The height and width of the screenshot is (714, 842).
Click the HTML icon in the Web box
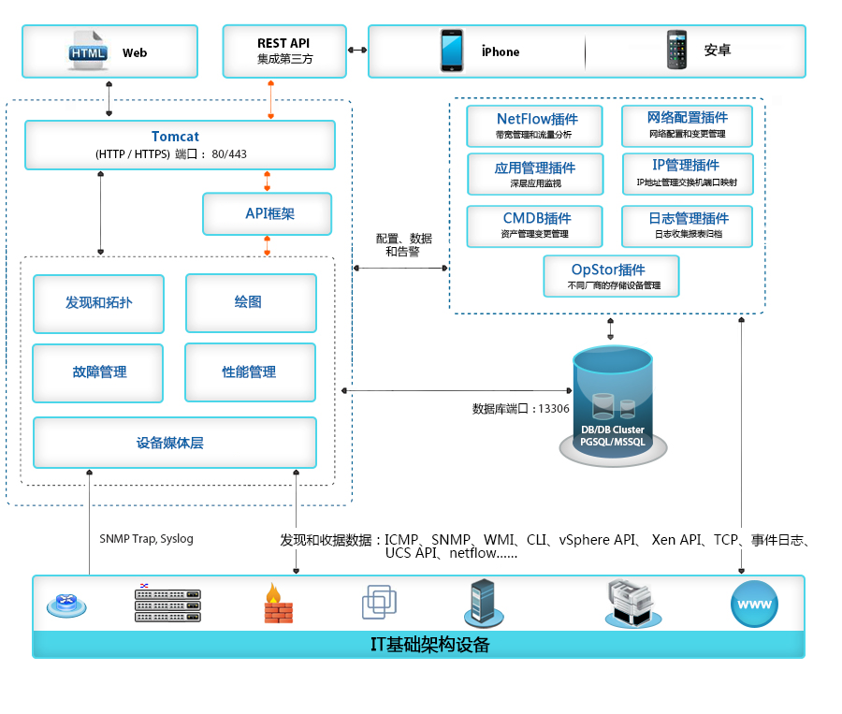coord(88,51)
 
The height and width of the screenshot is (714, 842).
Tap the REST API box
coord(284,51)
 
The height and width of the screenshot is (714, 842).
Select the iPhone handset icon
coord(453,51)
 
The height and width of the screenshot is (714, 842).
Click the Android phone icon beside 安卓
coord(676,51)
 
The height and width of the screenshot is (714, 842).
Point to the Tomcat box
coord(180,145)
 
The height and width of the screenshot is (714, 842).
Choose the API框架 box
coord(268,213)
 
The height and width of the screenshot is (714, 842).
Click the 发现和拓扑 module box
coord(98,303)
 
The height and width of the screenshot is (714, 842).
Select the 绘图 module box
coord(248,303)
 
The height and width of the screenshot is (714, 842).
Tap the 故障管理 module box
coord(98,372)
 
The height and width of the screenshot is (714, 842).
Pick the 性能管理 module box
coord(248,372)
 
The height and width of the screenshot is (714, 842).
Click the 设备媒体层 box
coord(174,443)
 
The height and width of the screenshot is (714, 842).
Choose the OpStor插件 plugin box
coord(611,275)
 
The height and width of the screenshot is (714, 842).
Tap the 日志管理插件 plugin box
coord(687,225)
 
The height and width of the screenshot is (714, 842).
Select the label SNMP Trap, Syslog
coord(146,539)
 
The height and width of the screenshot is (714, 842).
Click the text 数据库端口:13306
coord(521,409)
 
